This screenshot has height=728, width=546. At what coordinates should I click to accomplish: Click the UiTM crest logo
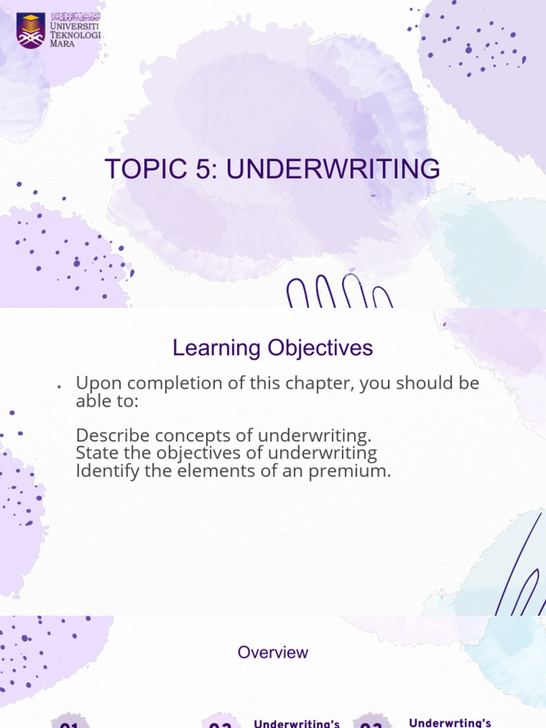click(31, 31)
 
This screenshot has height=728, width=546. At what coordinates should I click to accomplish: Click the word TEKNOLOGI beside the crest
click(76, 34)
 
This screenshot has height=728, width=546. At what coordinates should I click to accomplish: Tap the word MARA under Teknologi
click(62, 43)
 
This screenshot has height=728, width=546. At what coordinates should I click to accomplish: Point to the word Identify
click(105, 470)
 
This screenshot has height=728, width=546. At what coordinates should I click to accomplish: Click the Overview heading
click(273, 652)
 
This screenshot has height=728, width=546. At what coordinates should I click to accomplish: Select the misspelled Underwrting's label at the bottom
click(450, 723)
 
